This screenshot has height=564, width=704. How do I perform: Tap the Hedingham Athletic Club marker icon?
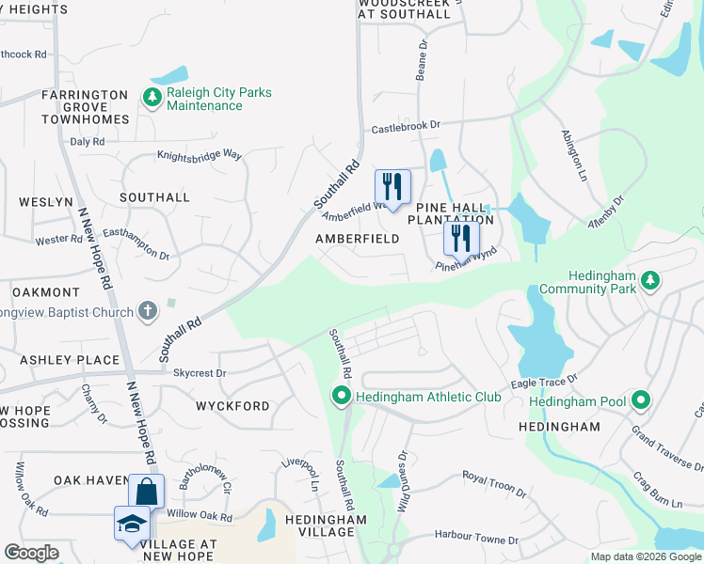click(x=341, y=398)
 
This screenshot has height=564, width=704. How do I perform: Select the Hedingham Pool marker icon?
click(x=641, y=401)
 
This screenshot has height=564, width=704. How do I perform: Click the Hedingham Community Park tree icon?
click(x=648, y=280)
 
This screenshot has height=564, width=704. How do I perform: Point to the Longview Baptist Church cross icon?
click(x=147, y=309)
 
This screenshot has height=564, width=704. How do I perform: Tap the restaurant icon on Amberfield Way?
click(x=392, y=184)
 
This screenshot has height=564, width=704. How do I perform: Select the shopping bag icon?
click(x=146, y=491)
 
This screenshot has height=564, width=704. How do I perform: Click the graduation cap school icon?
click(x=131, y=524)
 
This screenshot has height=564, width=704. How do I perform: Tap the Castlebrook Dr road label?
click(x=406, y=124)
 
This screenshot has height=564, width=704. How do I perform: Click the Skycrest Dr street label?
click(x=200, y=372)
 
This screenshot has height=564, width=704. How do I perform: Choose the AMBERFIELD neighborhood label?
click(x=357, y=239)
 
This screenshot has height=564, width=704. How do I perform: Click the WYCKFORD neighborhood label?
click(x=232, y=406)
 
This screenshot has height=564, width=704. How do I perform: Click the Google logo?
click(x=31, y=553)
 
